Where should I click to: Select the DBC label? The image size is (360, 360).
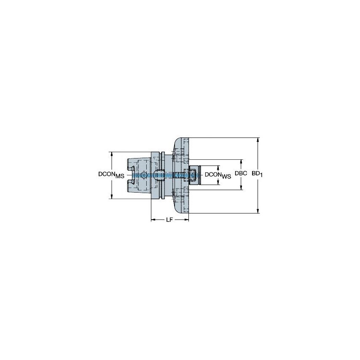click(241, 174)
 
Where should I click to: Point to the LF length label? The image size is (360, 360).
click(169, 220)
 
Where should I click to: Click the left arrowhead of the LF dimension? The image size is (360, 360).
click(153, 220)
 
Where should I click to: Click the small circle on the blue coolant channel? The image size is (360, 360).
click(144, 175)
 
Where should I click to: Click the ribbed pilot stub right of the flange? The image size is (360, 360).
click(194, 175)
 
